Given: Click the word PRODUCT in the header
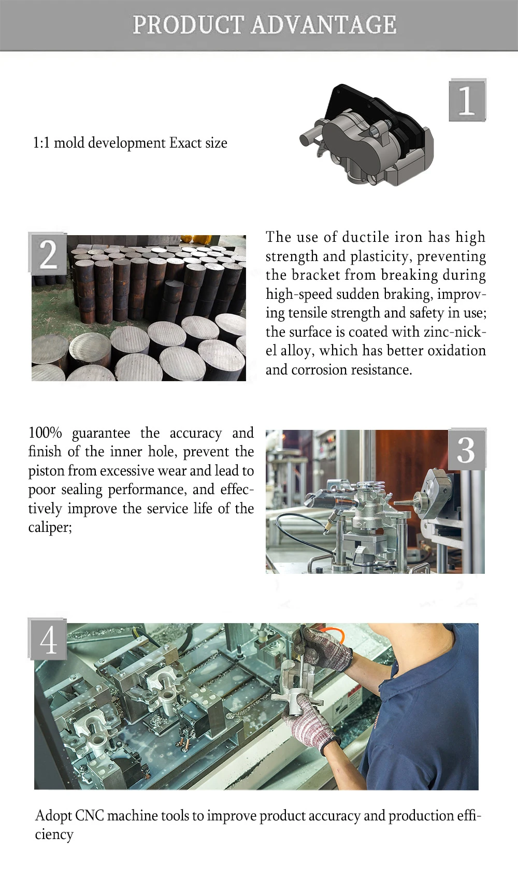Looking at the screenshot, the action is tap(189, 25).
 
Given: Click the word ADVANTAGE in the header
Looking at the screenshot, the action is tap(324, 25).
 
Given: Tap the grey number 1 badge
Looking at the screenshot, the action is tap(467, 100).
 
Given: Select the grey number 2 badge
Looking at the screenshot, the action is tap(48, 254).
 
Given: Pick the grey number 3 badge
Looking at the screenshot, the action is tap(467, 449).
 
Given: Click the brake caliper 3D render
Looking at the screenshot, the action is tap(367, 135).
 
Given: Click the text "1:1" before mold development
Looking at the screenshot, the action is tap(41, 143).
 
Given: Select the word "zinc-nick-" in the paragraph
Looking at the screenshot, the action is tap(455, 332).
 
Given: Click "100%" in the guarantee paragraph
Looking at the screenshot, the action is tap(45, 432).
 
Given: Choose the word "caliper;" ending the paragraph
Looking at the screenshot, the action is tap(50, 528).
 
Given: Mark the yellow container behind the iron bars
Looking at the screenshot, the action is tap(200, 240).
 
